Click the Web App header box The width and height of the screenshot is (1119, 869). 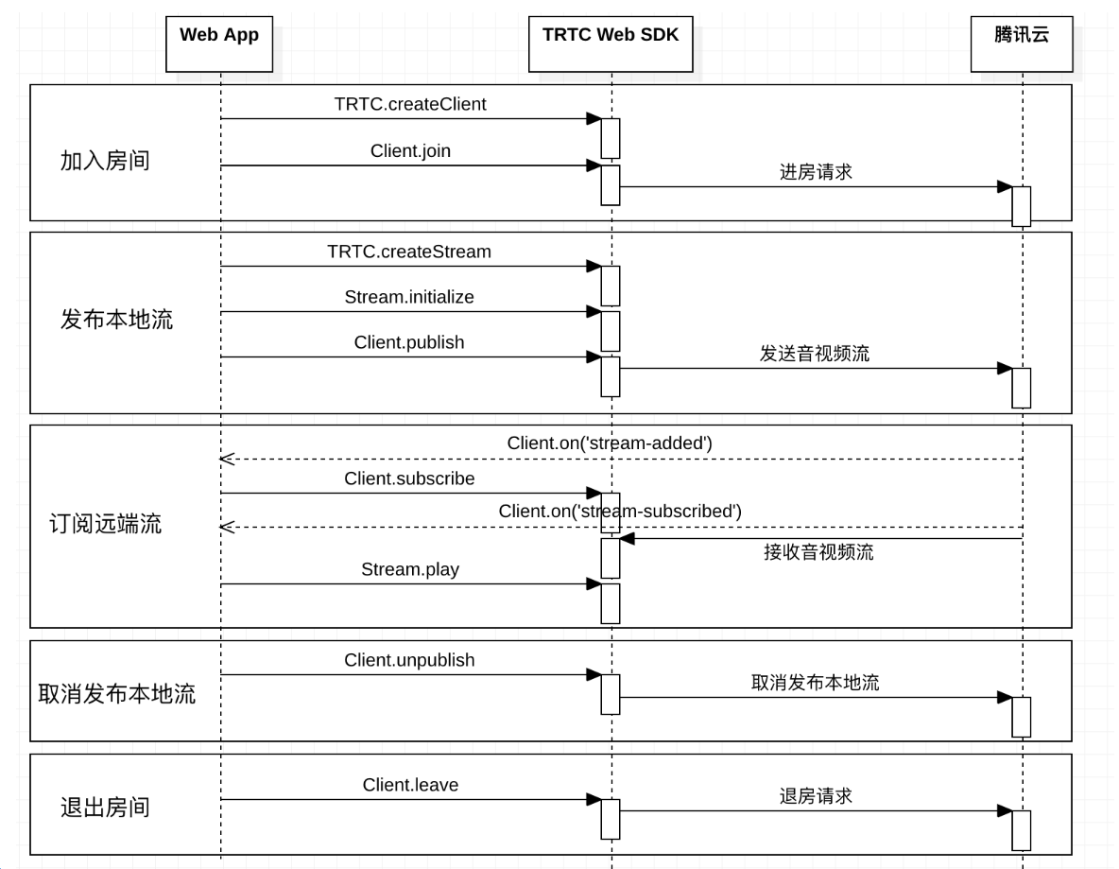coord(219,43)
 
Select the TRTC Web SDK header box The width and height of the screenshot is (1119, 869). coord(611,43)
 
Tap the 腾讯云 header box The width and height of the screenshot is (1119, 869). coord(1022,43)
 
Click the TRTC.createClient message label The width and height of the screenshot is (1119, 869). coord(410,104)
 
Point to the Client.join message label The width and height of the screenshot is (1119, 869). coord(410,150)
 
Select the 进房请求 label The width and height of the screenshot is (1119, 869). coord(816,172)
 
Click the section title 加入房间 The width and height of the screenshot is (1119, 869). coord(105,161)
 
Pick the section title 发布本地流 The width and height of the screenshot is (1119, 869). coord(116,320)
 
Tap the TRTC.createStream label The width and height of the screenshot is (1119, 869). coord(409,252)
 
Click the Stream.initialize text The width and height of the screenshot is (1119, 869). coord(409,297)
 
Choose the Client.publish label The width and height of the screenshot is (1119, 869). coord(409,342)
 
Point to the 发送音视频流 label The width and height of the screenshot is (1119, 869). coord(815,354)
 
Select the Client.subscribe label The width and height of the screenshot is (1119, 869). coord(409,478)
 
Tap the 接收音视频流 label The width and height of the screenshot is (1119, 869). coord(818,553)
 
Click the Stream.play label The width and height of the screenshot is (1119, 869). coord(410,569)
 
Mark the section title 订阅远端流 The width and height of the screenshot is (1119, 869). coord(105,524)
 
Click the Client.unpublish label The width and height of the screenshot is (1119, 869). coord(409,660)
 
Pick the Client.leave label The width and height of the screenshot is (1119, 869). coord(410,785)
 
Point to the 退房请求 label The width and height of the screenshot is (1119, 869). coord(816,796)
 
